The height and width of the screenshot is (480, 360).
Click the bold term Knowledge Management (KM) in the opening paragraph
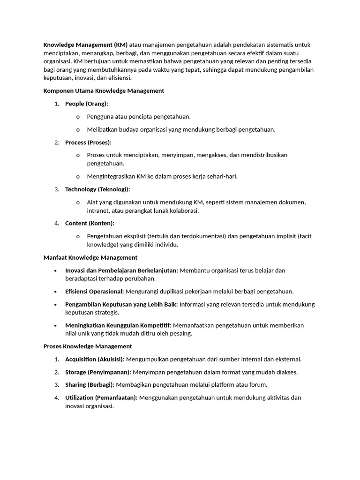click(85, 45)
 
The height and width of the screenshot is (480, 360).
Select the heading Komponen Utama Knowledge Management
click(104, 90)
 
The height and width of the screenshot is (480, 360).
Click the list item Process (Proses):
click(88, 142)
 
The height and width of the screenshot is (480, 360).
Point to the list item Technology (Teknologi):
click(97, 189)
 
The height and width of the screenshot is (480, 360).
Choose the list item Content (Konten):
click(90, 223)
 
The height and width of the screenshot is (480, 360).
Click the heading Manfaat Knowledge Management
click(90, 257)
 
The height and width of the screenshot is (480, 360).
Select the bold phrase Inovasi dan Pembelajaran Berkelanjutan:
click(121, 270)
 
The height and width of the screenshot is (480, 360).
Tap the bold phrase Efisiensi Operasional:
click(95, 291)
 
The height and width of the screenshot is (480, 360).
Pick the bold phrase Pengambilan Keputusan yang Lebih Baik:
click(121, 304)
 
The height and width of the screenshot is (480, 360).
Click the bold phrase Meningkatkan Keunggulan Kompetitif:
click(118, 325)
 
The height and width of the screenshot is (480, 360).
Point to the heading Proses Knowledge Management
click(88, 346)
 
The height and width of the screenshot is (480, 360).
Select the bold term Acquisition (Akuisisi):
click(95, 359)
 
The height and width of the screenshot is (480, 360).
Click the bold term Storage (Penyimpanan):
click(98, 372)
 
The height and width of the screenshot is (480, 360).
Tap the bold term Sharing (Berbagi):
click(90, 385)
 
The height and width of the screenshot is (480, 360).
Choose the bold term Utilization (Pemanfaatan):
click(101, 397)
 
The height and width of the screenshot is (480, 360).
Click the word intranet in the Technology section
click(97, 210)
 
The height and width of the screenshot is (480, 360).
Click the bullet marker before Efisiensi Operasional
click(56, 292)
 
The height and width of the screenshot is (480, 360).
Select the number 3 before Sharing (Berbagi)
click(56, 385)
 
